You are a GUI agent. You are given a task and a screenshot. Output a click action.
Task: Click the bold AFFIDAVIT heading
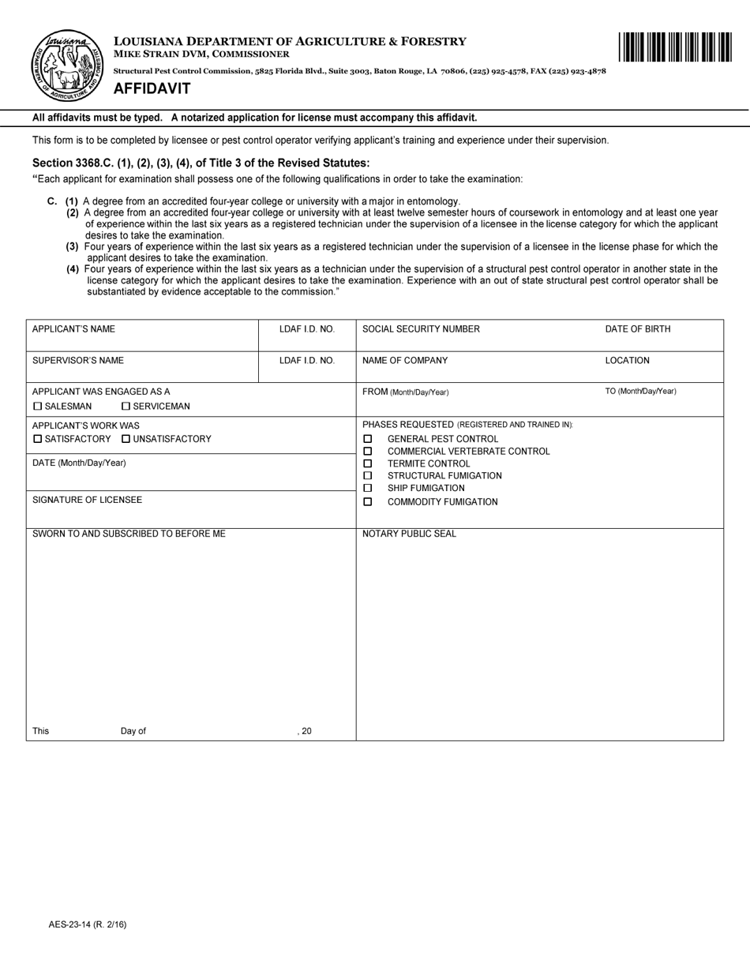pos(152,88)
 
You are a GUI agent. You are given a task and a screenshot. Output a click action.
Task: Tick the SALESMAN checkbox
pos(37,407)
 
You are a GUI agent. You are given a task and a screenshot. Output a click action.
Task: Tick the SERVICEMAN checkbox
pos(126,407)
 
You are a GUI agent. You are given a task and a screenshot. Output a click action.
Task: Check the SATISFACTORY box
pos(37,439)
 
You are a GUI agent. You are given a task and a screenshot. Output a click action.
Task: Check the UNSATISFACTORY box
pos(126,439)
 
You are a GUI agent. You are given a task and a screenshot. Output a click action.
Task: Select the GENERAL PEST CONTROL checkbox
pos(367,439)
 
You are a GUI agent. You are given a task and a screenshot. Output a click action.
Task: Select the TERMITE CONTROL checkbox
pos(367,464)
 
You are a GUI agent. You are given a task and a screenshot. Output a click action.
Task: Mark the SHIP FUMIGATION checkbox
pos(367,489)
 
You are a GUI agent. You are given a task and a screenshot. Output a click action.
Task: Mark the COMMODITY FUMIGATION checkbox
pos(367,502)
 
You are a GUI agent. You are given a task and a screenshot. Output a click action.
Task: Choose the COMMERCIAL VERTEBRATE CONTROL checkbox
pos(367,452)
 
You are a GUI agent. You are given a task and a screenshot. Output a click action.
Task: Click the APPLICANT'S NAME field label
pos(73,329)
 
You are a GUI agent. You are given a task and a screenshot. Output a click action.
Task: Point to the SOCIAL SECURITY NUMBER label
pos(421,329)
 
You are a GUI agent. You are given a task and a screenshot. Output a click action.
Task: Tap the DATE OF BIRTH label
pos(638,329)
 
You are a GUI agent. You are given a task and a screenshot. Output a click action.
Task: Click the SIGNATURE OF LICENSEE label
pos(88,500)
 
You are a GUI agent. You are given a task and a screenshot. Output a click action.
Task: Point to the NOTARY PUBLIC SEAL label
pos(409,534)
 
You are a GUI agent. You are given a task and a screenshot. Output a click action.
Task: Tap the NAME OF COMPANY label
pos(405,361)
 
